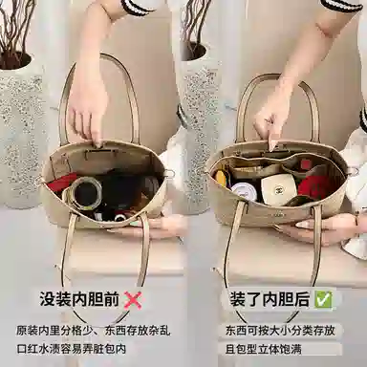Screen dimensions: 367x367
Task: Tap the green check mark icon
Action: pos(325,299)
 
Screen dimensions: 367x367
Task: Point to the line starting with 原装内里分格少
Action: pos(91,330)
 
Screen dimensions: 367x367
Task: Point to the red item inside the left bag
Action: pos(64,182)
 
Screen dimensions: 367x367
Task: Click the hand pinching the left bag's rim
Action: pos(89,115)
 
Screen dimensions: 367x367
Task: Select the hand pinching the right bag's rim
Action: pos(274,119)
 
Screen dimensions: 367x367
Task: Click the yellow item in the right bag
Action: pos(222,178)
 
